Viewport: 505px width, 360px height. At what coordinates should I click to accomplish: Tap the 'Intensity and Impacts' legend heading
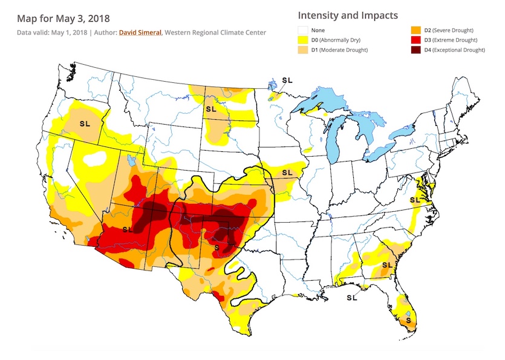(x=348, y=15)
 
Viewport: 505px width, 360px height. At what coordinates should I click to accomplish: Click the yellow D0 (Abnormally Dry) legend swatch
(x=304, y=39)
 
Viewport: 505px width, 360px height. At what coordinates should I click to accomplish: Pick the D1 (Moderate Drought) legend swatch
(x=304, y=50)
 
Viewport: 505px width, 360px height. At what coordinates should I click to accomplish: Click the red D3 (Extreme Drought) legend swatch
(x=417, y=39)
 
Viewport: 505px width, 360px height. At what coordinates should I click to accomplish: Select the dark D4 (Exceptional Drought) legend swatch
(x=417, y=50)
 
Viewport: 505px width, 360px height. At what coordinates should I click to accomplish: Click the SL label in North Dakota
(x=211, y=110)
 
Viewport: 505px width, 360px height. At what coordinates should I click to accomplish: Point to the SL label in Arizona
(x=128, y=229)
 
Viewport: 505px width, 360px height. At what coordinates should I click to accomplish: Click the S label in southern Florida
(x=408, y=319)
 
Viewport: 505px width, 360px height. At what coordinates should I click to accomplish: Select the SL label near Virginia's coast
(x=415, y=199)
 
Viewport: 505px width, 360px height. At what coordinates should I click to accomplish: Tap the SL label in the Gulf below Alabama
(x=351, y=298)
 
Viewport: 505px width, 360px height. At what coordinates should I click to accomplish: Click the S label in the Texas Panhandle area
(x=217, y=247)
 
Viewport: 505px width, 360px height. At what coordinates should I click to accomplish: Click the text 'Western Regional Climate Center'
(x=217, y=31)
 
